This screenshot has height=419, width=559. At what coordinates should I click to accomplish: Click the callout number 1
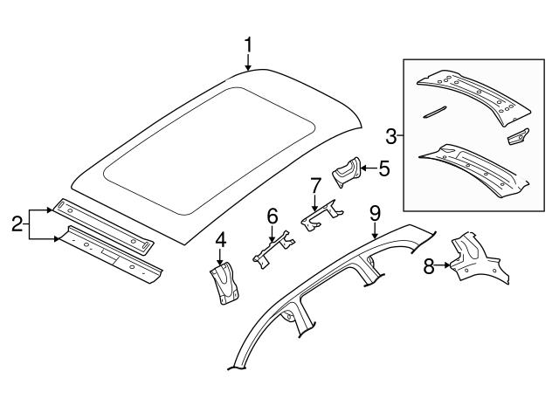248,44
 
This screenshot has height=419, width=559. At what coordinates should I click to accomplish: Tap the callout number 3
391,135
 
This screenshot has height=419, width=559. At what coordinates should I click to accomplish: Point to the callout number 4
220,238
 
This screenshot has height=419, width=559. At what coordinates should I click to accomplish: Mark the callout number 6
272,215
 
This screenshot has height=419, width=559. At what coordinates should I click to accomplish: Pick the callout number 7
316,184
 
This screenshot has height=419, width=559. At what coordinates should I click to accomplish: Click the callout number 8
429,266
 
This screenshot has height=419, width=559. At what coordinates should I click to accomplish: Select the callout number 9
375,212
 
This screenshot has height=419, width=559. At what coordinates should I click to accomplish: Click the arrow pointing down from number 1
248,61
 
